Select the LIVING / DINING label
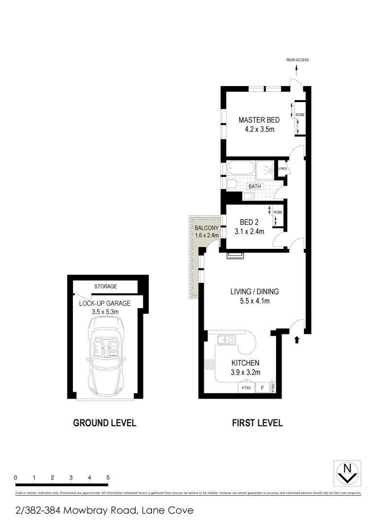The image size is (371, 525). [x=249, y=292]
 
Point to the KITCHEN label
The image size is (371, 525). [x=245, y=363]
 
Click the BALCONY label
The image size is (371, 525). [x=205, y=227]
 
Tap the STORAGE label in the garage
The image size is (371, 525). [x=106, y=286]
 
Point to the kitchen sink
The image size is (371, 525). [x=227, y=339]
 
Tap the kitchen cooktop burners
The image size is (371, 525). [x=210, y=364]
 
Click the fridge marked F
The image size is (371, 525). [x=263, y=388]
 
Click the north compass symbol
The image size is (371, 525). [x=347, y=472]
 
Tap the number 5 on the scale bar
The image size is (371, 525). [x=107, y=478]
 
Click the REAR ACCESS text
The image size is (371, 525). [x=298, y=60]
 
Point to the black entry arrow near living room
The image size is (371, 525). [x=297, y=340]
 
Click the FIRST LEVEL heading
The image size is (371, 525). [x=257, y=423]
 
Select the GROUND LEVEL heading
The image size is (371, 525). [x=105, y=423]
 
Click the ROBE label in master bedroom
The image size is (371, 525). [x=300, y=115]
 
